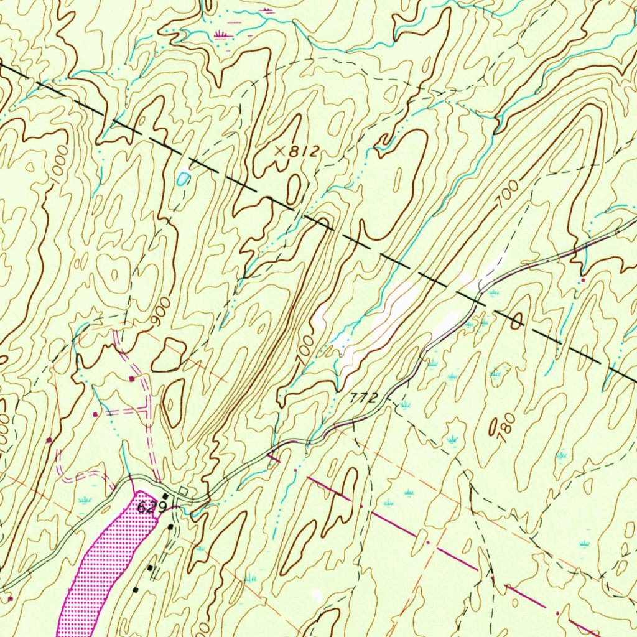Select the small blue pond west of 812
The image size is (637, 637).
click(182, 179)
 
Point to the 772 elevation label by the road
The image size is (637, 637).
click(363, 398)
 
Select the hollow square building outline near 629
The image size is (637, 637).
click(183, 492)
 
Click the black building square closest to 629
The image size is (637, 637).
click(165, 496)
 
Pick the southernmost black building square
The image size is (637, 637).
click(136, 588)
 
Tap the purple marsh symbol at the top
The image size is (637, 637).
click(221, 34)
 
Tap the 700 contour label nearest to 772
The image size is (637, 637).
click(304, 351)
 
